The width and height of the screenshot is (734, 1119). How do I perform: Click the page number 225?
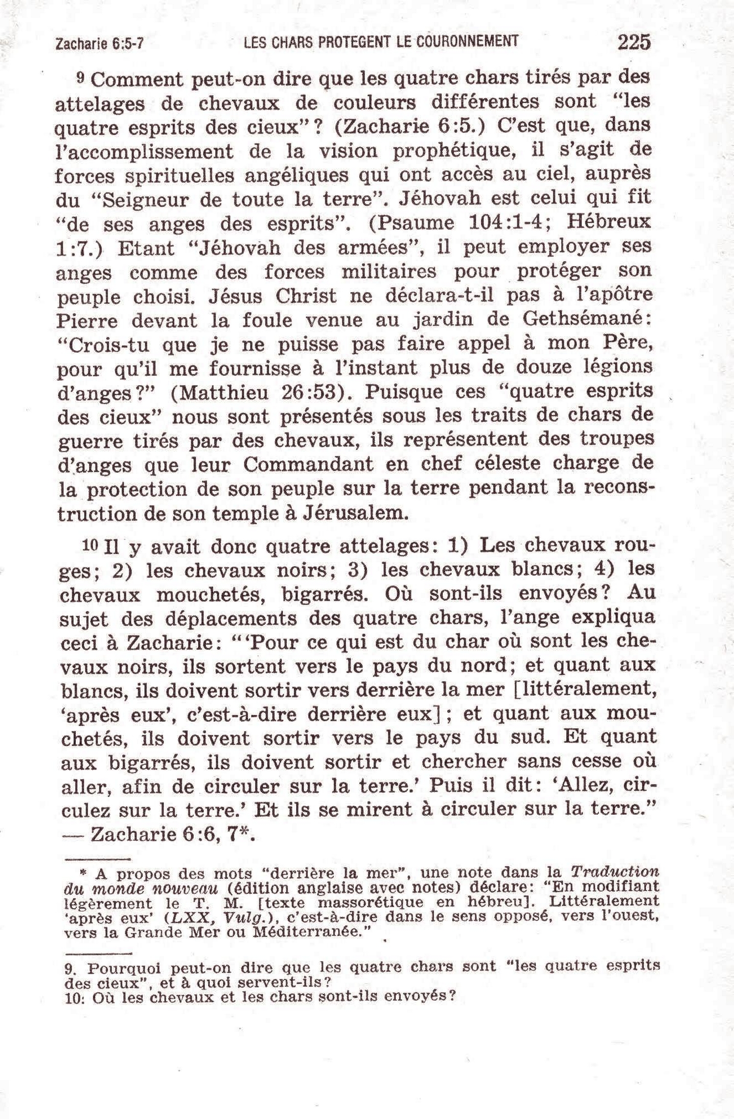click(634, 42)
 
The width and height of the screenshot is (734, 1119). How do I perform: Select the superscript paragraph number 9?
click(82, 78)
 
